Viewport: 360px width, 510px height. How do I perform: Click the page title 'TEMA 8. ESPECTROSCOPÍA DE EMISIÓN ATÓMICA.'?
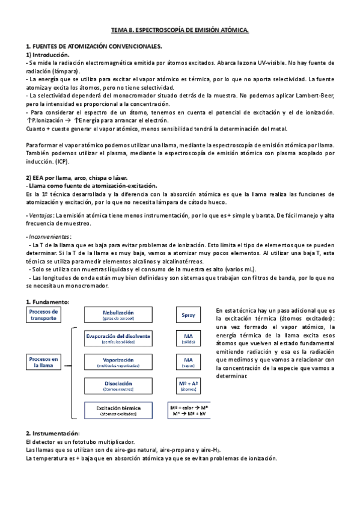click(180, 29)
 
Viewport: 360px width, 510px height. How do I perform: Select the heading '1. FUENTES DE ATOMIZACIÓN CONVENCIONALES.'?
click(94, 46)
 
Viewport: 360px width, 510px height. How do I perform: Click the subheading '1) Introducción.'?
click(48, 54)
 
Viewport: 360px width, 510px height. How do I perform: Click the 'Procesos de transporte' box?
click(43, 315)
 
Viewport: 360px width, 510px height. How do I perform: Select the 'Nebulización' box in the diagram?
click(118, 315)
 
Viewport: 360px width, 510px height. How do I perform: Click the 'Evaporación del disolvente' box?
click(118, 338)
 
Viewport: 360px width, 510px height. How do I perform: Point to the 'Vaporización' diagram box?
click(118, 362)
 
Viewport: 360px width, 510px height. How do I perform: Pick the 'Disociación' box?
click(118, 386)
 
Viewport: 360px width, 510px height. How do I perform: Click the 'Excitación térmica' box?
click(118, 410)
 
